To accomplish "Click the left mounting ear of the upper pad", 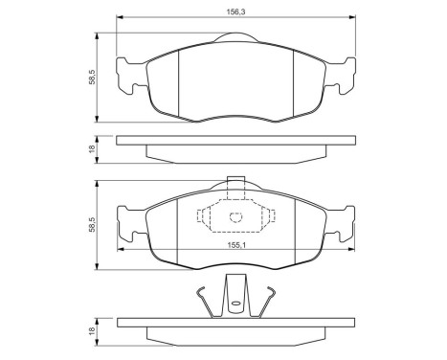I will pyautogui.click(x=126, y=79).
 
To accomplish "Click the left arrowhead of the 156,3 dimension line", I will pyautogui.click(x=119, y=18).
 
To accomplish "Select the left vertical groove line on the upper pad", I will pyautogui.click(x=180, y=81).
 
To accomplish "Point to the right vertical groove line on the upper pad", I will pyautogui.click(x=293, y=81).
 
